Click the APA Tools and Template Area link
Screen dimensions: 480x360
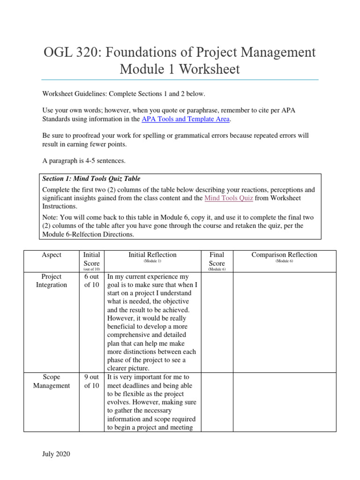coord(185,119)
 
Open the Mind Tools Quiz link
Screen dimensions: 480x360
coord(229,198)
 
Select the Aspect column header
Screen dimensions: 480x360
coord(52,255)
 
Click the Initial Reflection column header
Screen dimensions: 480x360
coord(152,255)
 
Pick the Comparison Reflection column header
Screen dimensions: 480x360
coord(284,255)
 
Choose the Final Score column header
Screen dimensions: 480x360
coord(217,259)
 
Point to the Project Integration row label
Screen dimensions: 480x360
coord(52,281)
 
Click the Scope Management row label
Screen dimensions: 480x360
coord(52,381)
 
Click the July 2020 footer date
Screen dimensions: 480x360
coord(56,454)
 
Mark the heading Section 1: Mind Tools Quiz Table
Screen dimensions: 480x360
coord(91,179)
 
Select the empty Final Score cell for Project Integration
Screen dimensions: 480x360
coord(217,322)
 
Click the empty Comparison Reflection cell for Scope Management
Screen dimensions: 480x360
coord(284,402)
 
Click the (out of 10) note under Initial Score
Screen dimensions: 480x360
coord(92,269)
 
